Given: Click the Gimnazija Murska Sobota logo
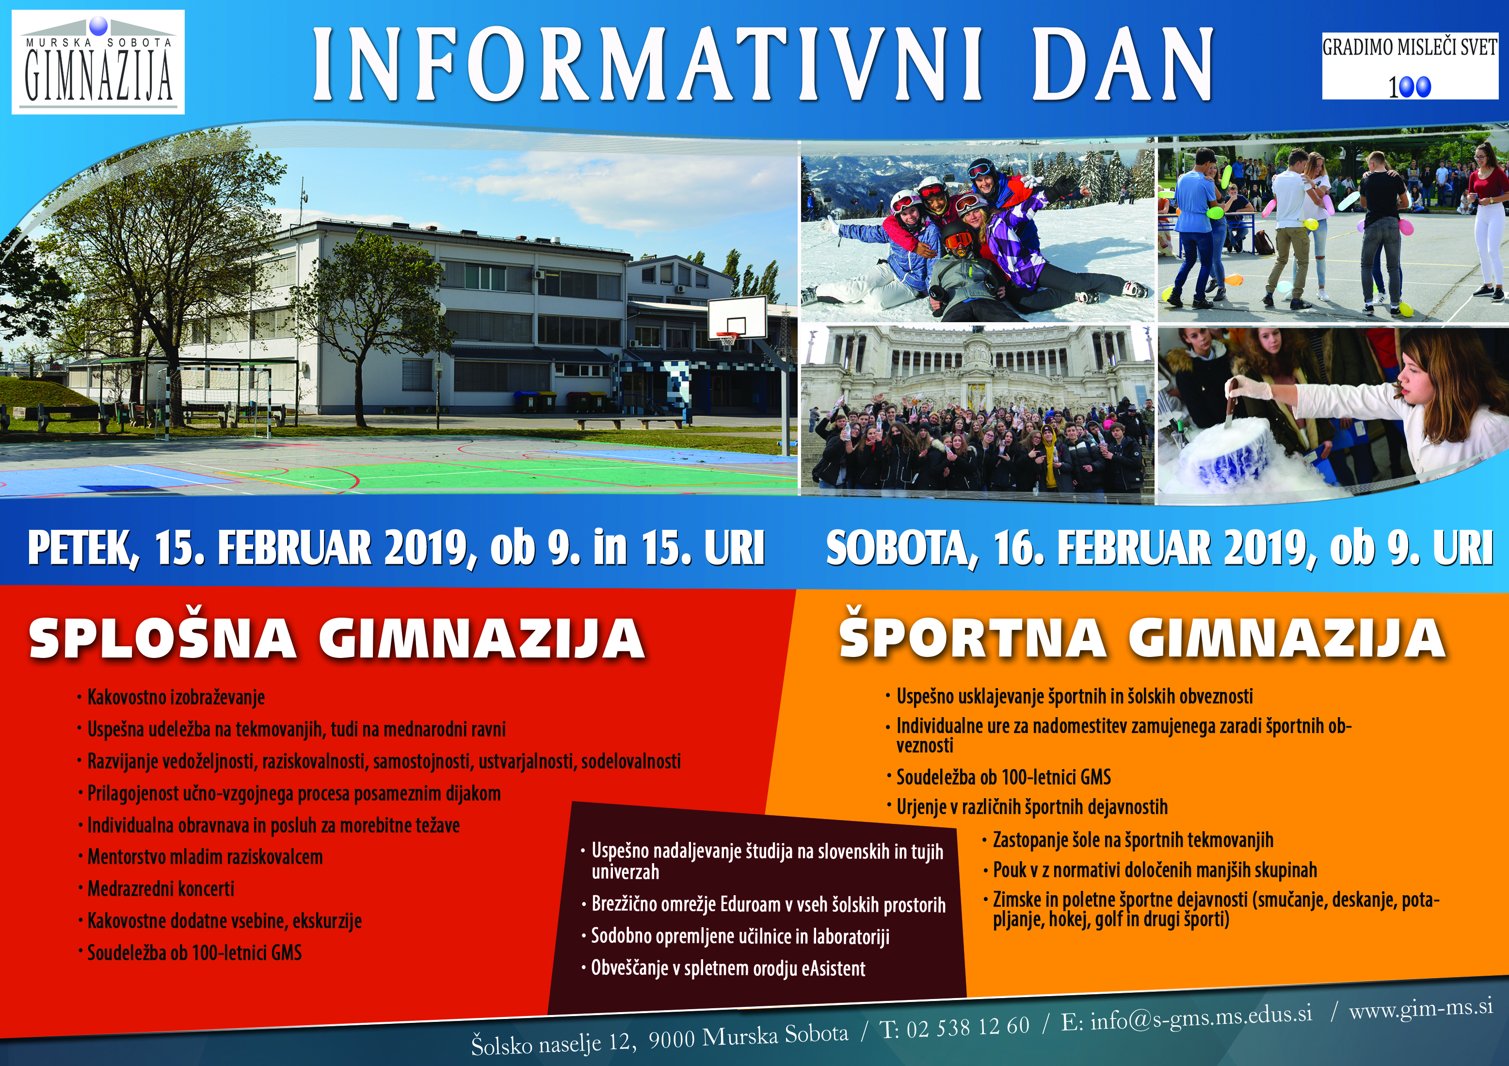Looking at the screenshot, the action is [98, 63].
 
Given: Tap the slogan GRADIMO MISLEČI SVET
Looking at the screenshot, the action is [1410, 48].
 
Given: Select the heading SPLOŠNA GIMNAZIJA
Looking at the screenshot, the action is [337, 638].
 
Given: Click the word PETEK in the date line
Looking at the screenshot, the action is [83, 548].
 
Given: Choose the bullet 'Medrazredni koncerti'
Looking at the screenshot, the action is [161, 889].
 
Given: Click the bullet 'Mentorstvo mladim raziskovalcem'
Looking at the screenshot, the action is [205, 857].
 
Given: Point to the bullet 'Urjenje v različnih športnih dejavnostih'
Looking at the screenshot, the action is [1032, 807].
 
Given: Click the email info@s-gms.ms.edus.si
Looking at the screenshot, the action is [1201, 1017].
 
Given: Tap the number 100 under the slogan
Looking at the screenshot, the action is [1410, 87].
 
